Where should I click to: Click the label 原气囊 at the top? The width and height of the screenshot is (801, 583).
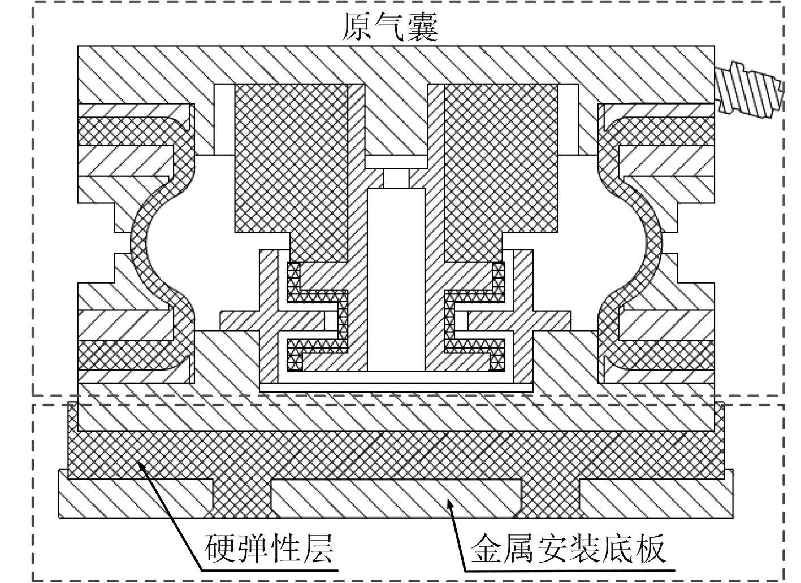coord(390,25)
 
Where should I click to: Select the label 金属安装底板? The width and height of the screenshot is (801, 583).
coord(568,548)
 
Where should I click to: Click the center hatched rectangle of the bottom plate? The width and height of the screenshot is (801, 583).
coord(396,497)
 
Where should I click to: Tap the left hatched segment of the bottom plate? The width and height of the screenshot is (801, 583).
coord(136,497)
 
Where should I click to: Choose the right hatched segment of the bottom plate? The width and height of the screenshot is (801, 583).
coord(656,497)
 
